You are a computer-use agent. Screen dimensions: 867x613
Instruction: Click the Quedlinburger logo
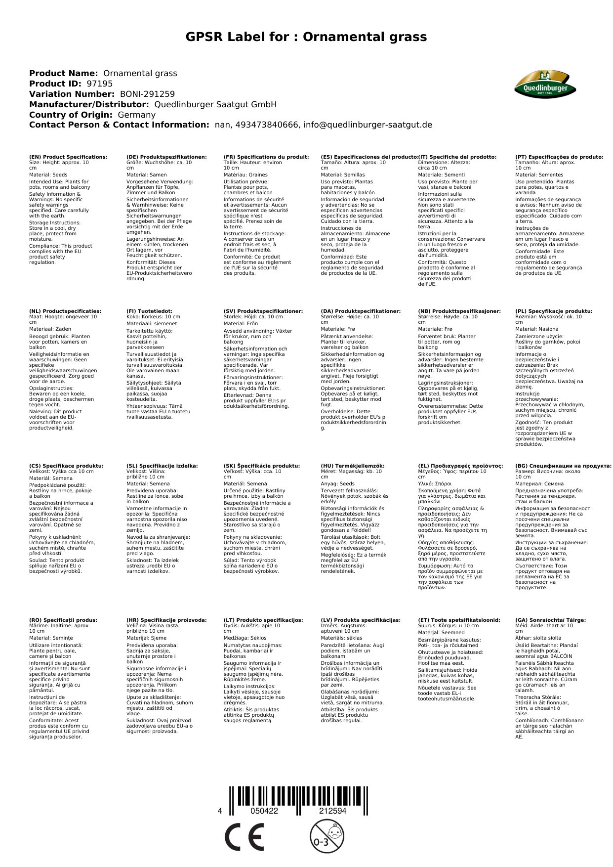pos(544,85)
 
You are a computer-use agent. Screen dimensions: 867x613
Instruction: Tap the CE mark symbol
pos(244,837)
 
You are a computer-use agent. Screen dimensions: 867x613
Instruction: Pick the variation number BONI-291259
pos(147,94)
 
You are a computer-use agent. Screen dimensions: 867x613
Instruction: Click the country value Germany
pos(136,115)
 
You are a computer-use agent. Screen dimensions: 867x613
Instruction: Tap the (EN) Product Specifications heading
pos(68,157)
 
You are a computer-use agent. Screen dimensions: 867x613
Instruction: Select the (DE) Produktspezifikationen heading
pos(166,157)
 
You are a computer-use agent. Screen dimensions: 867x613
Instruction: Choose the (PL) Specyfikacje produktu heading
pos(554,311)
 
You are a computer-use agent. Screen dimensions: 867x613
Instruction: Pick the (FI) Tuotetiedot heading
pos(149,311)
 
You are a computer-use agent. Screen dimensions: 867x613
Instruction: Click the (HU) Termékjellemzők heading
pos(352,466)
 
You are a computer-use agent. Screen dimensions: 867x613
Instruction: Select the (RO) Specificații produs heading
pos(63,620)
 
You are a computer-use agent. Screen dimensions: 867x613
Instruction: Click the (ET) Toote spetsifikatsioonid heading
pos(459,620)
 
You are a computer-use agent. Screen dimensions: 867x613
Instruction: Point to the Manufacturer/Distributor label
pos(89,104)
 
